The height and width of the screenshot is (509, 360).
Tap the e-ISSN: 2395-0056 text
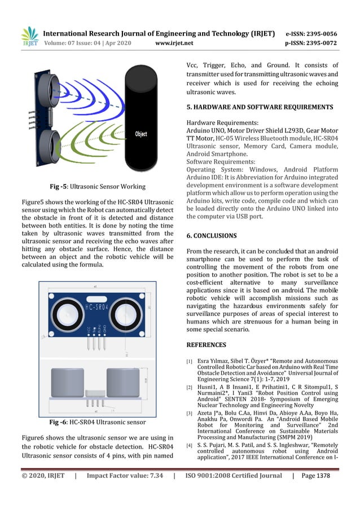[311, 33]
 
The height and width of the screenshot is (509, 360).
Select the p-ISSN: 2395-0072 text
[311, 42]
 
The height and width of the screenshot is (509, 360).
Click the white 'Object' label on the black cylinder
[141, 134]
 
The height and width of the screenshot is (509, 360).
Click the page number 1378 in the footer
[323, 476]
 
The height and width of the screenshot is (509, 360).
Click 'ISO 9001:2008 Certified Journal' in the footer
[233, 476]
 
